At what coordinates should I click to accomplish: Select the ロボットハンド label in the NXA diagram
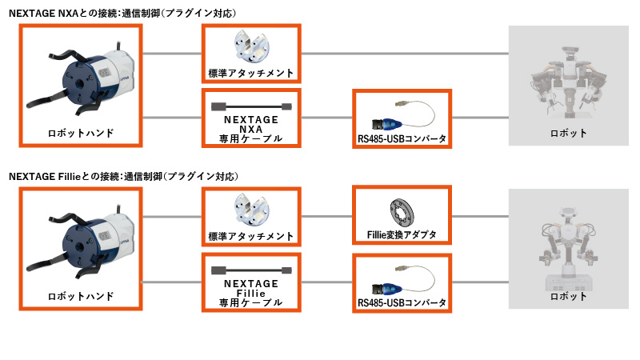click(x=80, y=133)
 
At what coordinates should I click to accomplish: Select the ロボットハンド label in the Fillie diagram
click(x=80, y=296)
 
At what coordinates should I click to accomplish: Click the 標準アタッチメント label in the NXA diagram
click(x=250, y=74)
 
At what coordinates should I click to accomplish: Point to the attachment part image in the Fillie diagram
click(x=250, y=211)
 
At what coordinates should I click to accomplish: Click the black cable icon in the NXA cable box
click(x=250, y=106)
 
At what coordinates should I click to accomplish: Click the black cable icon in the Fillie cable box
click(x=250, y=270)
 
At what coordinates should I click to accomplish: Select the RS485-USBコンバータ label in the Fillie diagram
click(x=401, y=303)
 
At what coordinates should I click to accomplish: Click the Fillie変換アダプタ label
click(x=401, y=235)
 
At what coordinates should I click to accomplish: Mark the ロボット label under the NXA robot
click(x=568, y=133)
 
